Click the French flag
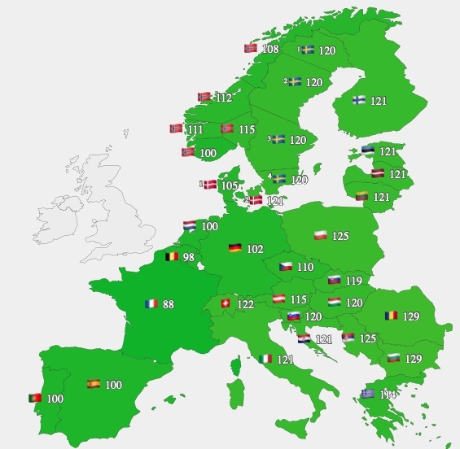point(151,304)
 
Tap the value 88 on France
point(169,305)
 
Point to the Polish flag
point(321,236)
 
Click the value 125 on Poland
point(340,237)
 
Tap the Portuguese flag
point(36,399)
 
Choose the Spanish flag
point(93,384)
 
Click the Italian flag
point(265,359)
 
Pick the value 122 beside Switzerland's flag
point(246,304)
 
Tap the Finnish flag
point(358,100)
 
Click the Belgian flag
point(172,257)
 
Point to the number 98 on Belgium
point(189,258)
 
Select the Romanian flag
point(392,316)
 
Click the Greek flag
point(368,394)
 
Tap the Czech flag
point(286,266)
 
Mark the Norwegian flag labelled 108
point(252,49)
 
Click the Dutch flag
point(189,225)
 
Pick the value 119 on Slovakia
point(353,281)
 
